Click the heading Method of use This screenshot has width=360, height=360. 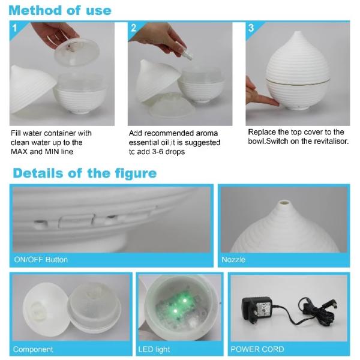point(60,11)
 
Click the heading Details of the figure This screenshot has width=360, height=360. point(85,173)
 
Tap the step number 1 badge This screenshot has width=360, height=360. point(14,28)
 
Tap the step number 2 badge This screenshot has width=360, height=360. point(133,28)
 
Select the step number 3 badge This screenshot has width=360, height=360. point(251,28)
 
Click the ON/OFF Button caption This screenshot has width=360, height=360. point(41,260)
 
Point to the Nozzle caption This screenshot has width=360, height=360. point(233,260)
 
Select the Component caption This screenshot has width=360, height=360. point(33,349)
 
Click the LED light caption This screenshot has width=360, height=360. point(154,349)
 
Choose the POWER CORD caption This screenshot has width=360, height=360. point(257,349)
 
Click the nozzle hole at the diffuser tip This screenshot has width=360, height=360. point(284,203)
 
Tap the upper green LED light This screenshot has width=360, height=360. point(184,301)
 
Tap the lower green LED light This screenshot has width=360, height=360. point(175,311)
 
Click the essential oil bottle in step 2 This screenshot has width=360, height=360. point(187,55)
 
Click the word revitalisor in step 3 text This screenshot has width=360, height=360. point(331,141)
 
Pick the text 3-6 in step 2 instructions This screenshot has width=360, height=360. point(159,152)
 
